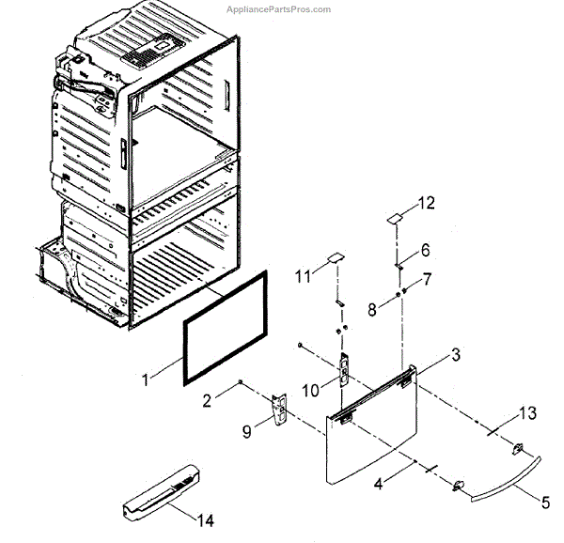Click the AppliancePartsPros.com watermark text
pos(279,9)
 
